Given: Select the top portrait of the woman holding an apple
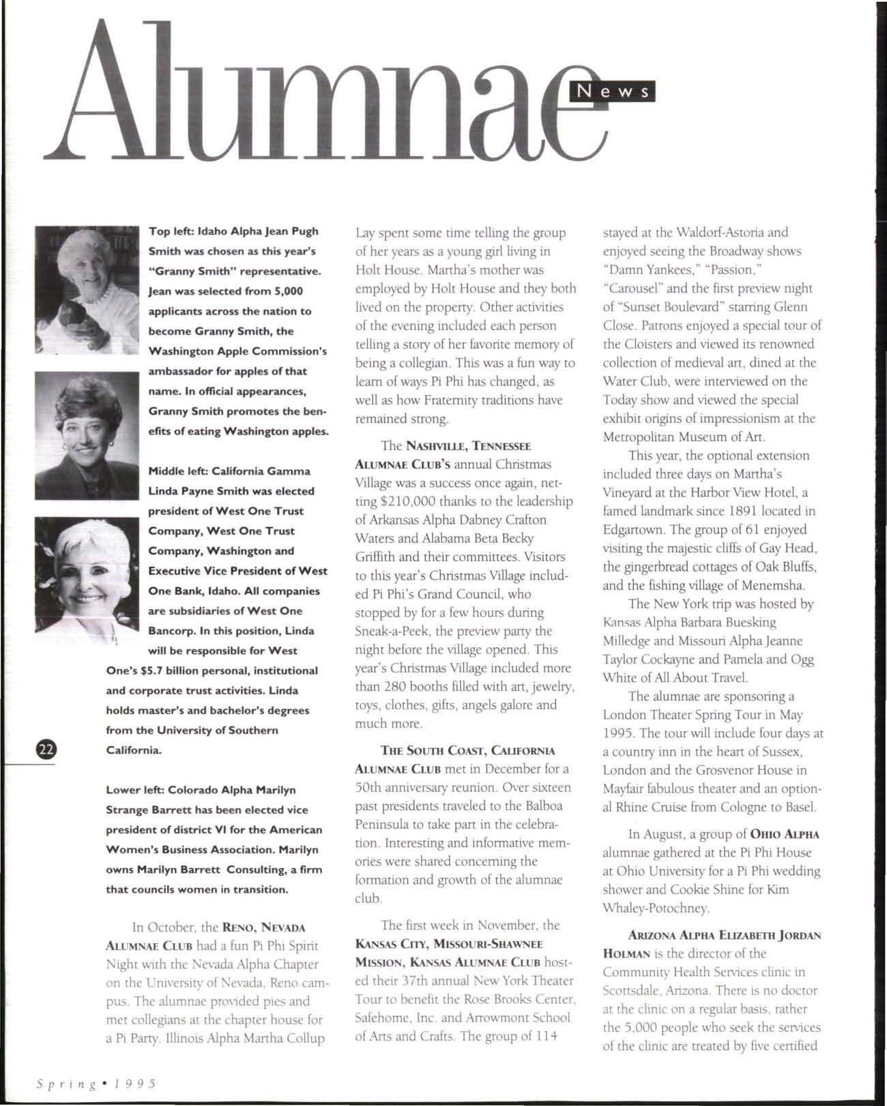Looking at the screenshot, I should point(87,288).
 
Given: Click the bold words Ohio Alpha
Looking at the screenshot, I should point(785,834).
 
